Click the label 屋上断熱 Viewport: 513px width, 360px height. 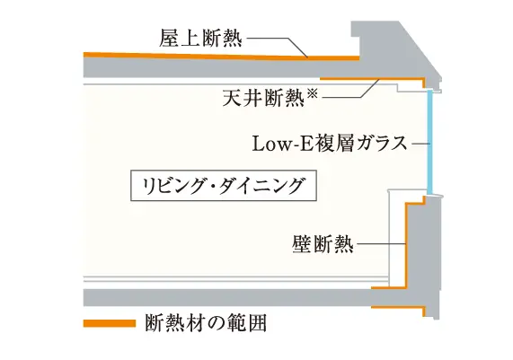click(x=201, y=39)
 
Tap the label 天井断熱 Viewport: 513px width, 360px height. click(x=263, y=97)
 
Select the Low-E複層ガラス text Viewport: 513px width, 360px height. click(x=330, y=144)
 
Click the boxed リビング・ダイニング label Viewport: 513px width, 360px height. click(x=224, y=186)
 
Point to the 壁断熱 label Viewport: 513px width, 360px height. click(x=323, y=244)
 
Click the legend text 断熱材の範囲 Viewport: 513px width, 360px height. click(x=206, y=323)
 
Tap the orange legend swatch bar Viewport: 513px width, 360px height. click(x=110, y=323)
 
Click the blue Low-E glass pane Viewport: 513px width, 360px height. click(x=430, y=143)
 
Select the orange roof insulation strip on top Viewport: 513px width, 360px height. click(x=222, y=57)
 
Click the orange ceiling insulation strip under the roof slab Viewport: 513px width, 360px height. click(x=372, y=79)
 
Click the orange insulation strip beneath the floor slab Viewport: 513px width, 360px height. click(x=398, y=307)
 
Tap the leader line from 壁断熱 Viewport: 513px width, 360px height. click(x=382, y=244)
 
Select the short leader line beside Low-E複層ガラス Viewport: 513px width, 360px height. click(x=420, y=144)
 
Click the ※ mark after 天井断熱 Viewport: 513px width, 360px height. click(x=313, y=93)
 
